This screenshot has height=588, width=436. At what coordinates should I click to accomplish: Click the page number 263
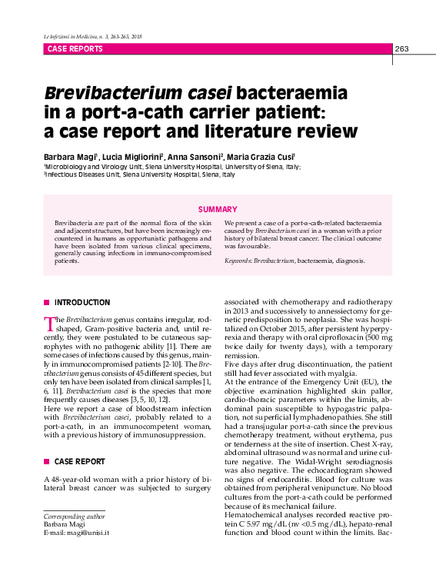tap(401, 49)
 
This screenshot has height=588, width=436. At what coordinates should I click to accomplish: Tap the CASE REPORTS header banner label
tap(75, 49)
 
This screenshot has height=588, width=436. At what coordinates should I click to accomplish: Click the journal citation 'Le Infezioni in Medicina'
tap(69, 37)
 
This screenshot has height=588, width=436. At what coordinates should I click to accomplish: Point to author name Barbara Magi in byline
tap(70, 156)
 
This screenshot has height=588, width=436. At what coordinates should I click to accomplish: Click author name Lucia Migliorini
tap(131, 156)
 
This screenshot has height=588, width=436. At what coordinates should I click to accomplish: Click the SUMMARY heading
tap(218, 209)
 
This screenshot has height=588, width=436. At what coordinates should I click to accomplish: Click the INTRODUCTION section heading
tap(82, 303)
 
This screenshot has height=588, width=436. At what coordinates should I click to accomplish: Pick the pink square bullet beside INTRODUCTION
tap(47, 303)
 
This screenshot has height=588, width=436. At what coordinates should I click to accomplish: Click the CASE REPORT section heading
tap(80, 461)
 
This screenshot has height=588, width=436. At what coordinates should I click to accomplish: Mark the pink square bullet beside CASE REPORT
tap(47, 461)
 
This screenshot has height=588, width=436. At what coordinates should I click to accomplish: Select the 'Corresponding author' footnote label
tap(75, 517)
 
